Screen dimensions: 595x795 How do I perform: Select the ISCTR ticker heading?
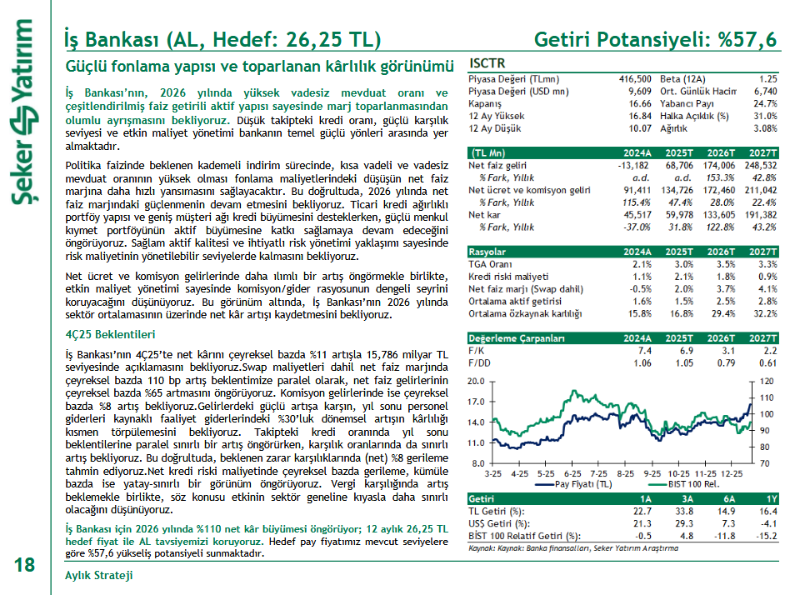487,63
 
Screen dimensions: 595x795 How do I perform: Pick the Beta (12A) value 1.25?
767,78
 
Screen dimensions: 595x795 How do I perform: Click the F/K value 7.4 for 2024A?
644,352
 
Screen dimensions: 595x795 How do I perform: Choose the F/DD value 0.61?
767,363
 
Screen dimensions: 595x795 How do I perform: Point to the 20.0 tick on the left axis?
476,381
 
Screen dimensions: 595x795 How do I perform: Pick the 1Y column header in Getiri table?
770,498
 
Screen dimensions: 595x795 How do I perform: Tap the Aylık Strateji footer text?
98,576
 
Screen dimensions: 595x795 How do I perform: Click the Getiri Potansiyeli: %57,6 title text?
655,39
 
